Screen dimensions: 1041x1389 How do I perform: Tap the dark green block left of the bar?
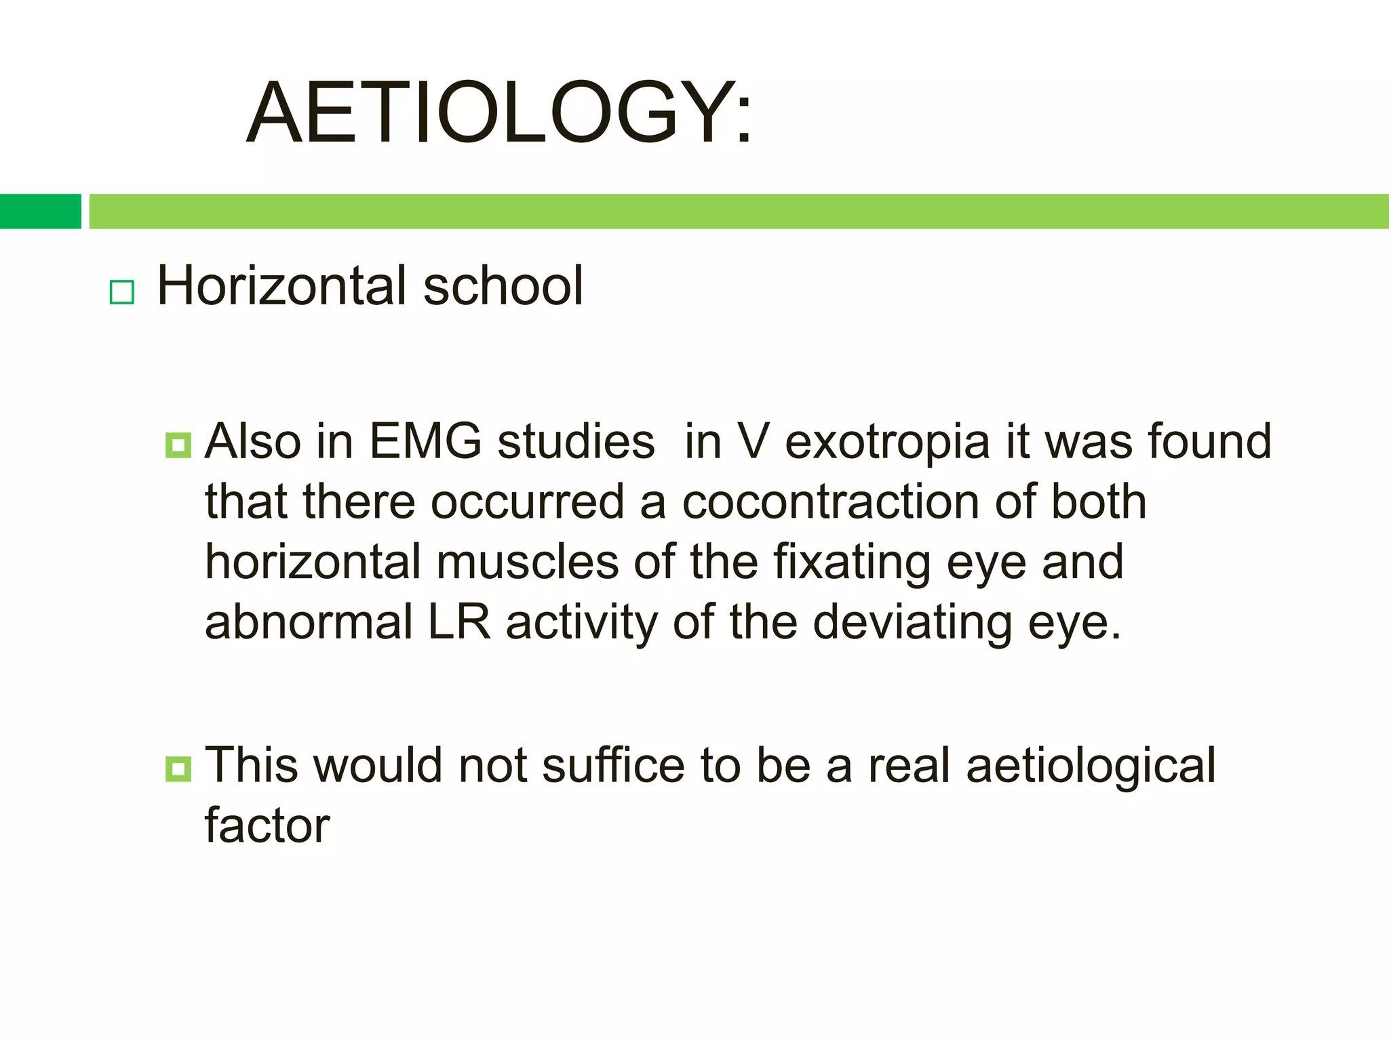(x=40, y=211)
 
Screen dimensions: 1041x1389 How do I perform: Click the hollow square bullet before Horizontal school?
(x=122, y=292)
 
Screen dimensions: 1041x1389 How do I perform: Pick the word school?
(x=503, y=286)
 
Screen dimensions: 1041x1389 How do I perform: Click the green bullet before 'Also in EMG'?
(x=178, y=445)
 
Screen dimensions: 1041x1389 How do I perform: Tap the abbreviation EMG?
(x=425, y=442)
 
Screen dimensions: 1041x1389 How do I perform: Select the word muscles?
(x=527, y=563)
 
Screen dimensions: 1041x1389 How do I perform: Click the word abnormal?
(x=309, y=622)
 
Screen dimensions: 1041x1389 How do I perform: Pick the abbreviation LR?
(x=459, y=622)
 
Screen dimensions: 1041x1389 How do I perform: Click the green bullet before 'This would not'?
(x=178, y=769)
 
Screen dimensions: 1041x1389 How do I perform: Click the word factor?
(x=267, y=826)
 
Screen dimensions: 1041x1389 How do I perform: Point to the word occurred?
(x=527, y=502)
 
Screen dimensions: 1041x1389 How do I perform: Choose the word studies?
(x=576, y=442)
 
